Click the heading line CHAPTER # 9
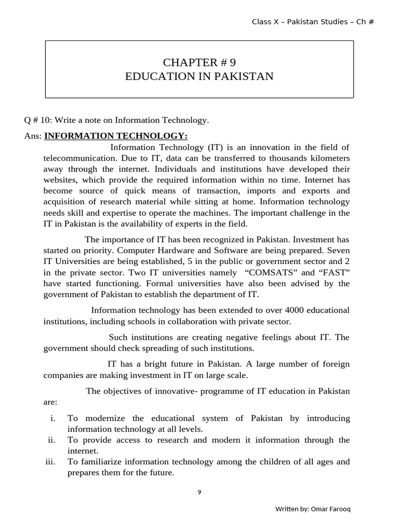click(199, 63)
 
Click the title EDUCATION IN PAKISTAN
click(199, 77)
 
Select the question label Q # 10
click(37, 120)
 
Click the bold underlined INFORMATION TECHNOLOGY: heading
click(116, 136)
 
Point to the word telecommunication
click(76, 158)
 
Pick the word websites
click(61, 180)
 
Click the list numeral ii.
click(51, 440)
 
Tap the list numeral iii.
click(50, 462)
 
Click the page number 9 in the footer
click(199, 493)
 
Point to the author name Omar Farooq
click(331, 509)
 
